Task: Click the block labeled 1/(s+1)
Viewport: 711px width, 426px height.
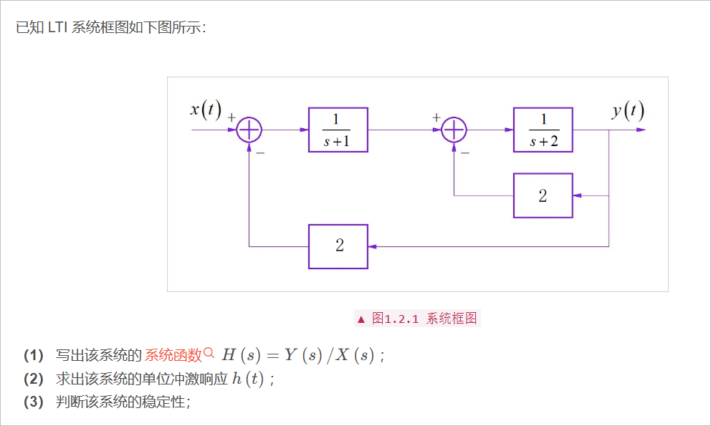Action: click(338, 130)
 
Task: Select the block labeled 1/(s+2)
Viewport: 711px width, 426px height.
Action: click(543, 130)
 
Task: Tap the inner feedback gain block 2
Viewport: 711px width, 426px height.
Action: click(543, 195)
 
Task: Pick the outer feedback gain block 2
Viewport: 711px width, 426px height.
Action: click(338, 246)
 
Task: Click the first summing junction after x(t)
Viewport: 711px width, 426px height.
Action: click(249, 130)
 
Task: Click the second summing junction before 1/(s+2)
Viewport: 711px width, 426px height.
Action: click(454, 130)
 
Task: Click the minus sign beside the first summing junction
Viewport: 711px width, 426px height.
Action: click(260, 153)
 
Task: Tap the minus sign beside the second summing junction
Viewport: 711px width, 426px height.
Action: click(465, 153)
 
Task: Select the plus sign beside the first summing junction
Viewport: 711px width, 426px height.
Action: click(232, 116)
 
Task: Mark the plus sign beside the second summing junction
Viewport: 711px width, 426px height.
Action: click(436, 116)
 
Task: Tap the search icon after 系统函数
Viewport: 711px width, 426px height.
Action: click(209, 352)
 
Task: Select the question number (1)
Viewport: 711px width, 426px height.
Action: click(34, 355)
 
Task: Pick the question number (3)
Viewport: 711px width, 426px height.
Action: click(34, 402)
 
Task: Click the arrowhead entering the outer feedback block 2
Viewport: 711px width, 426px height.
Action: click(373, 246)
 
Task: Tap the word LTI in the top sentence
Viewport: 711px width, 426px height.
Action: click(58, 28)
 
